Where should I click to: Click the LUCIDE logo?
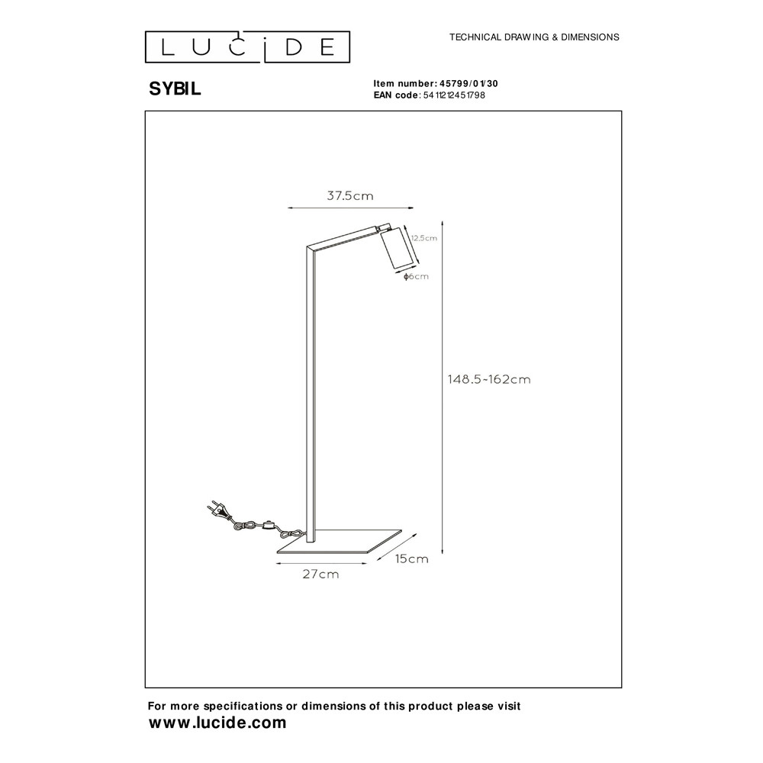coord(247,47)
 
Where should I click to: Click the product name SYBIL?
coord(175,89)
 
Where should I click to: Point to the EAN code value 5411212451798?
coord(454,95)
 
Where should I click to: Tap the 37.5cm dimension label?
coord(350,196)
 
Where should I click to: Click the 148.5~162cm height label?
coord(489,379)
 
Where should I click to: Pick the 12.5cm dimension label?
coord(423,238)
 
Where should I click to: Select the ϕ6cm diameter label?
coord(416,276)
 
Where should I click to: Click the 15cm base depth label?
coord(412,559)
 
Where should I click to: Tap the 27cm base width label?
coord(320,575)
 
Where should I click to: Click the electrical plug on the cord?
coord(218,511)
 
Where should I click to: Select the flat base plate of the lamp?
coord(340,542)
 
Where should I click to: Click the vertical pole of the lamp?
coord(311,394)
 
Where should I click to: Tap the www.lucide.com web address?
coord(217,723)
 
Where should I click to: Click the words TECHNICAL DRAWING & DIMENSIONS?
coord(534,37)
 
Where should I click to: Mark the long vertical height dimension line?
coord(443,388)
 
